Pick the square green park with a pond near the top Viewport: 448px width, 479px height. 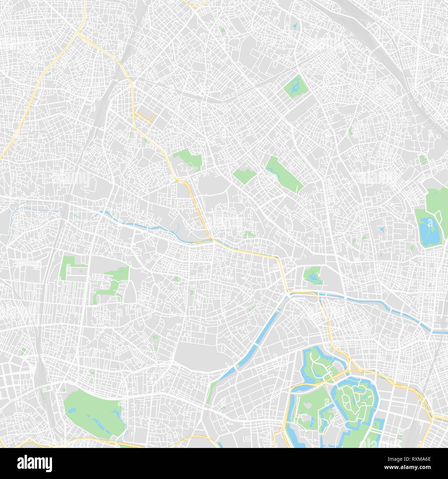pyautogui.click(x=295, y=86)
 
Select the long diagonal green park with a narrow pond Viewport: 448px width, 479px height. pyautogui.click(x=284, y=174)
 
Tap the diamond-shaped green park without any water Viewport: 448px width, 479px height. pyautogui.click(x=244, y=175)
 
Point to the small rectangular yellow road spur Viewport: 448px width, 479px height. pyautogui.click(x=145, y=116)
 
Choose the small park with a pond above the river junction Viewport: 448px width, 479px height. pyautogui.click(x=313, y=276)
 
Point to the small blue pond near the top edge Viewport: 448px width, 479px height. pyautogui.click(x=295, y=26)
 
